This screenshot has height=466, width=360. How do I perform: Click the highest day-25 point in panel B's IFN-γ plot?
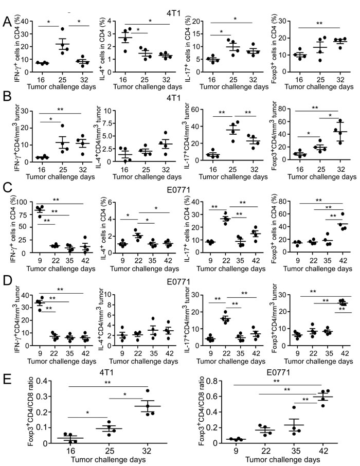click(63, 126)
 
